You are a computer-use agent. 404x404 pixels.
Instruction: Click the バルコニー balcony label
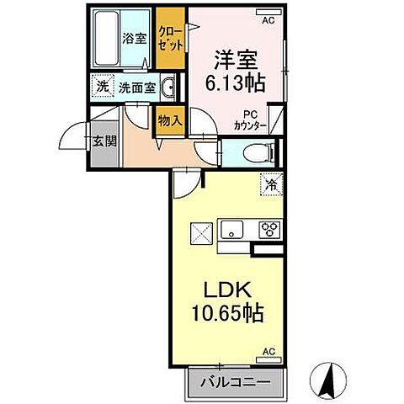click(x=235, y=382)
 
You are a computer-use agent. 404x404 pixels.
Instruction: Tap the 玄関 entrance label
click(x=104, y=141)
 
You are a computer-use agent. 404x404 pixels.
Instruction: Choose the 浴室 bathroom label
click(x=133, y=39)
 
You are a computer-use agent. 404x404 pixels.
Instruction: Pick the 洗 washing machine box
click(x=101, y=86)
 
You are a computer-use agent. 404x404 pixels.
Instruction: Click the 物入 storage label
click(x=169, y=120)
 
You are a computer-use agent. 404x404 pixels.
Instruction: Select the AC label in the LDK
click(x=269, y=351)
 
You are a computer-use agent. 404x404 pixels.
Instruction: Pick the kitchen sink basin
click(x=231, y=230)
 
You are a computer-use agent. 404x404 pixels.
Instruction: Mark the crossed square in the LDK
click(x=202, y=230)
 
